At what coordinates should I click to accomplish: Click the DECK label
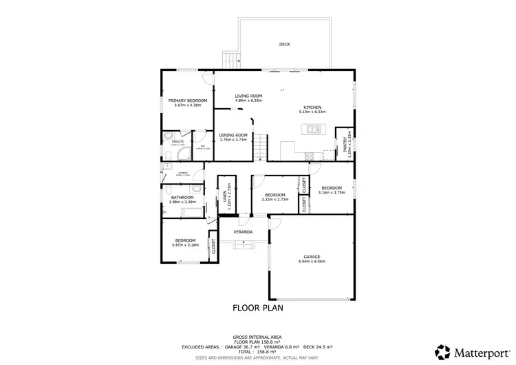[x=284, y=44]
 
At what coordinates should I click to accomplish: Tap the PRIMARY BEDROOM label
[x=188, y=101]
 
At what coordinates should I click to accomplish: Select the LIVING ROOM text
[x=249, y=96]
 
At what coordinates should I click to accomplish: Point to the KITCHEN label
[x=313, y=107]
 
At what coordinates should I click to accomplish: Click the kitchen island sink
[x=314, y=128]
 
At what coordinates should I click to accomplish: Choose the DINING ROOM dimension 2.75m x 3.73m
[x=233, y=140]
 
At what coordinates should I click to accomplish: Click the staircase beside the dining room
[x=260, y=147]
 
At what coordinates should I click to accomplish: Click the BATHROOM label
[x=182, y=198]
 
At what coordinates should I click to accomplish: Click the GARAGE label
[x=312, y=258]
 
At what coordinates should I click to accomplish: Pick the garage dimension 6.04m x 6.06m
[x=312, y=262]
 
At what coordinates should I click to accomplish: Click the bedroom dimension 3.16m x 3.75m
[x=331, y=193]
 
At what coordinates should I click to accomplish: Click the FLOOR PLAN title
[x=258, y=308]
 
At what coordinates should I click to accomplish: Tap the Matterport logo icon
[x=444, y=352]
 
